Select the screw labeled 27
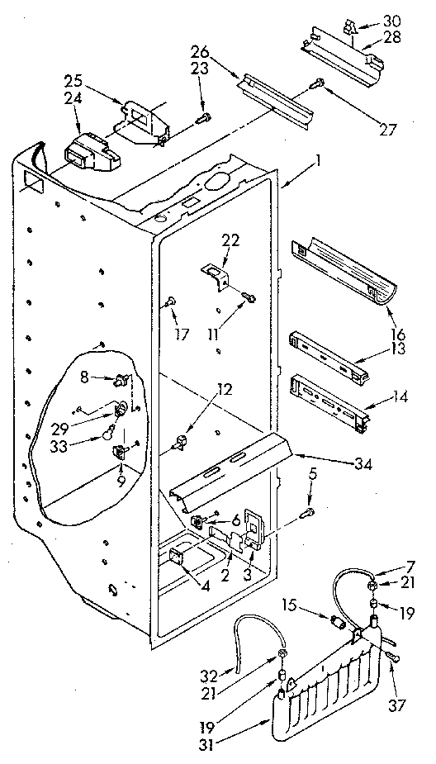pyautogui.click(x=317, y=83)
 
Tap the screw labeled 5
pyautogui.click(x=306, y=513)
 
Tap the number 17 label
pyautogui.click(x=182, y=335)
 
